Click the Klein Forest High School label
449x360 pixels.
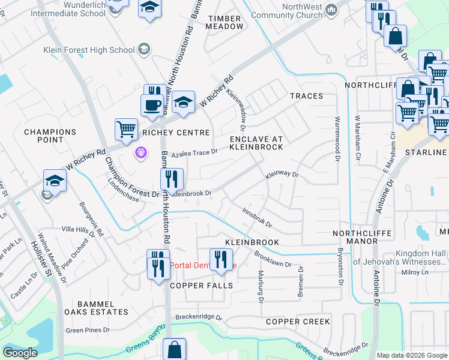tap(89, 50)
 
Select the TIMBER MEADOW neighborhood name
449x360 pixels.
tap(225, 22)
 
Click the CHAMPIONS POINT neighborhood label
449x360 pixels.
tap(50, 136)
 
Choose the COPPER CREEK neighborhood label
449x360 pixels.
tap(298, 322)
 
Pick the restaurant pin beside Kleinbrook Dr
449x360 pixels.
tap(172, 178)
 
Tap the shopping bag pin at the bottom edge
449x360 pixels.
tap(174, 349)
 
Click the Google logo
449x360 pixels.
tap(20, 353)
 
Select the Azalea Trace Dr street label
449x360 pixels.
tap(194, 154)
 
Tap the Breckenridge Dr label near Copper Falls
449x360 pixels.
tap(199, 317)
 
